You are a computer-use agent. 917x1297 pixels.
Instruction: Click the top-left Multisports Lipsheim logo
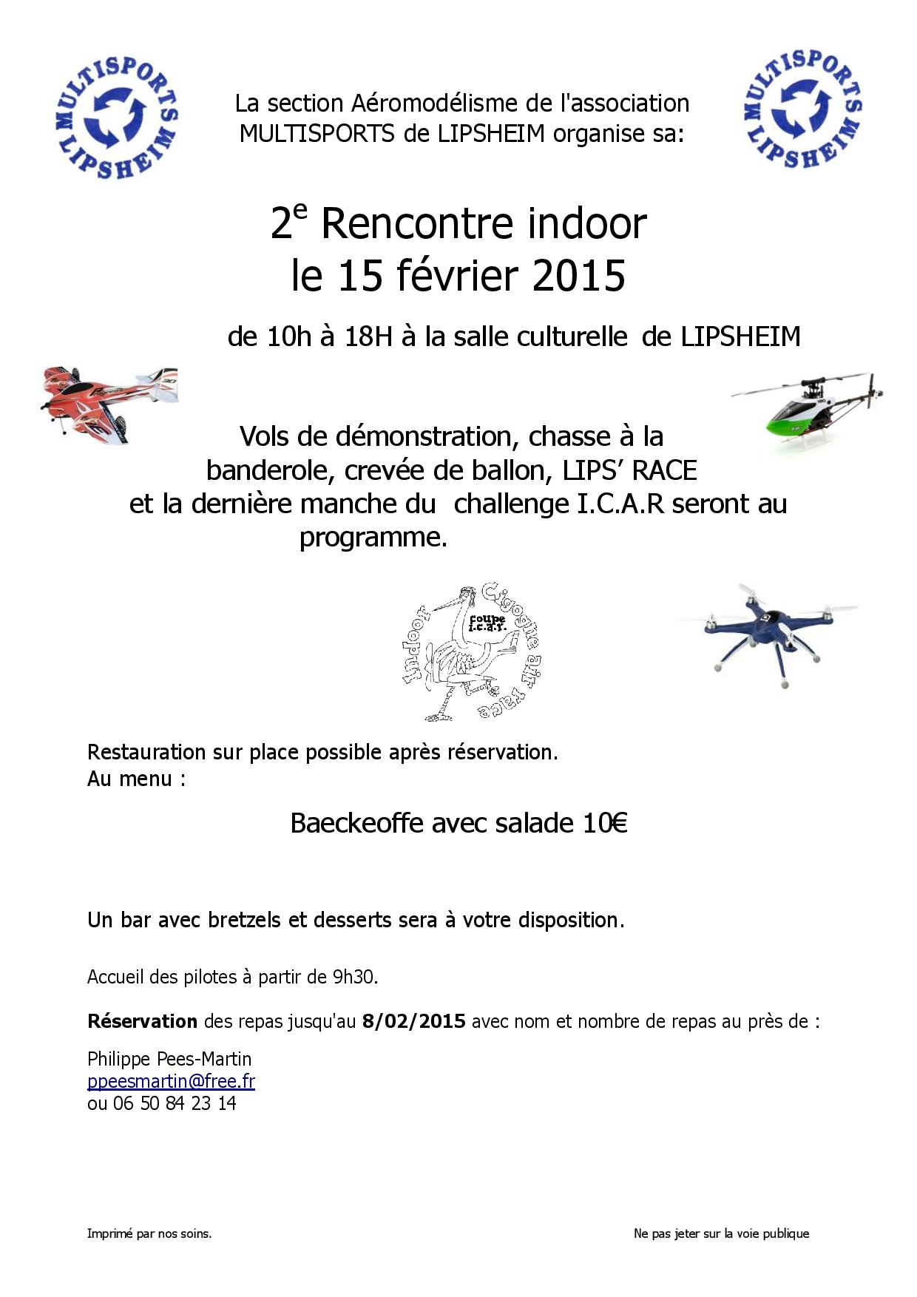pyautogui.click(x=118, y=118)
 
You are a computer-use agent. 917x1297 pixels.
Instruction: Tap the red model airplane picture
pyautogui.click(x=109, y=403)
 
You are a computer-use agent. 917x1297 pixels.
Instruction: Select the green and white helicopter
pyautogui.click(x=808, y=412)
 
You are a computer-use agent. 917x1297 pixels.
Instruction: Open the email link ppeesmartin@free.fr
pyautogui.click(x=171, y=1081)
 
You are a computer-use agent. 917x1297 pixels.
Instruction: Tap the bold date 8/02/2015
pyautogui.click(x=413, y=1021)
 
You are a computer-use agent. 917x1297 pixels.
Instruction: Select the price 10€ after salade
pyautogui.click(x=604, y=823)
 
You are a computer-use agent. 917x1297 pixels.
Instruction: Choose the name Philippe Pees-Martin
pyautogui.click(x=169, y=1059)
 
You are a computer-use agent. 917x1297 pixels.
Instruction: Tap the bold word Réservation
pyautogui.click(x=142, y=1021)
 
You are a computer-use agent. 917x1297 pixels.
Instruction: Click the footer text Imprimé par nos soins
pyautogui.click(x=149, y=1233)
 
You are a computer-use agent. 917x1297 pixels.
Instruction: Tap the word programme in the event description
pyautogui.click(x=373, y=537)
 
